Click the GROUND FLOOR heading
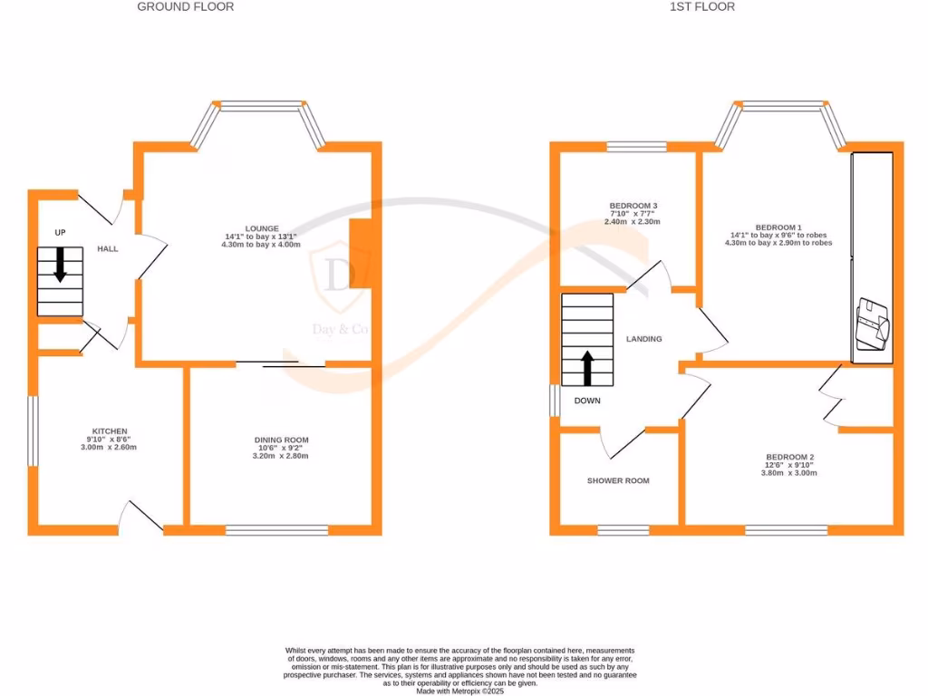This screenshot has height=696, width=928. pos(185,7)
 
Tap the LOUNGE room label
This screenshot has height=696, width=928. pos(262,228)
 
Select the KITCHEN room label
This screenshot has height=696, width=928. pos(110,430)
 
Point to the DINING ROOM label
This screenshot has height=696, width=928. pos(281,440)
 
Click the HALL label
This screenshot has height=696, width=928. pos(108,249)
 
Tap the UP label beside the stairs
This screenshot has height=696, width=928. pos(61,233)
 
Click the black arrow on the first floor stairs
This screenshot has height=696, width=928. pos(587,368)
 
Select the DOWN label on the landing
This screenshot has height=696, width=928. pos(587,400)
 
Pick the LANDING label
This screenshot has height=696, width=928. pos(644,339)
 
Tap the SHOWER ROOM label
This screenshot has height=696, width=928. pos(618,480)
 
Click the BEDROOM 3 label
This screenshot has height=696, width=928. pos(633,206)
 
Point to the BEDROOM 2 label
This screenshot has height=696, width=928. pos(790,457)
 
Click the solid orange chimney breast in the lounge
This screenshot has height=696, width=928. pos(360,254)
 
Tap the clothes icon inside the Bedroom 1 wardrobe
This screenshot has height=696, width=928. pos(874,324)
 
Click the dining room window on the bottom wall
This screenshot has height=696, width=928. pos(276,530)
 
